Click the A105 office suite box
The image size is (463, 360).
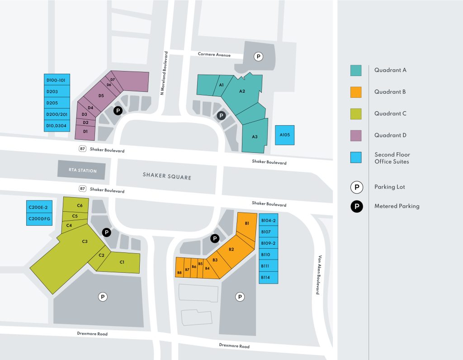284,135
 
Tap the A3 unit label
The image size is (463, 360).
255,137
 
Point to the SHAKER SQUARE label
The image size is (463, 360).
167,175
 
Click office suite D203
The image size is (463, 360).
57,91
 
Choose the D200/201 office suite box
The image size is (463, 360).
57,114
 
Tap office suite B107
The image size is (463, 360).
269,232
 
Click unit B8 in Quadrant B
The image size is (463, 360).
180,272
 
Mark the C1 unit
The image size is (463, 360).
122,262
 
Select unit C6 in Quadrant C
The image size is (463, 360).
80,205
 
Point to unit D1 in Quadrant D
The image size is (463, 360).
85,132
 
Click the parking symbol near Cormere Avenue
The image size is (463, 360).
258,57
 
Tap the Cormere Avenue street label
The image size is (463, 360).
214,55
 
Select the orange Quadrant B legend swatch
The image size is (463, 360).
356,92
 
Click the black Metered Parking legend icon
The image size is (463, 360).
357,206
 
